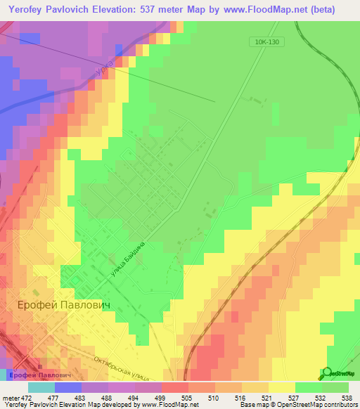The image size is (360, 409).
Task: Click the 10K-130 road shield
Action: coord(268,42)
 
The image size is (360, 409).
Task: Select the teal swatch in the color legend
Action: coord(41,387)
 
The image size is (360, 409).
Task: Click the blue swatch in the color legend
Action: coord(67,387)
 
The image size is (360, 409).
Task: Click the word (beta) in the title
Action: coord(317,10)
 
